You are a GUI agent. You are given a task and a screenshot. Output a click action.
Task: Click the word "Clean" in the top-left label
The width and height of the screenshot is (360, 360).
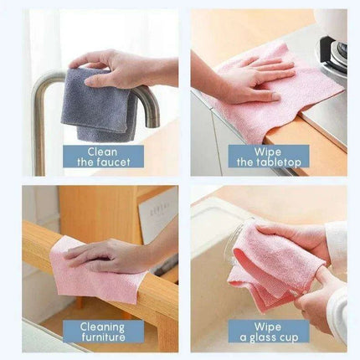101,151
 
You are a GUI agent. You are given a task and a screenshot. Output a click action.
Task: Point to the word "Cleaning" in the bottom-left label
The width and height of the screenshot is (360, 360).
101,326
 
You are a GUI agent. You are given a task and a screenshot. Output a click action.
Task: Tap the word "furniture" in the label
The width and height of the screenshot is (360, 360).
101,337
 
